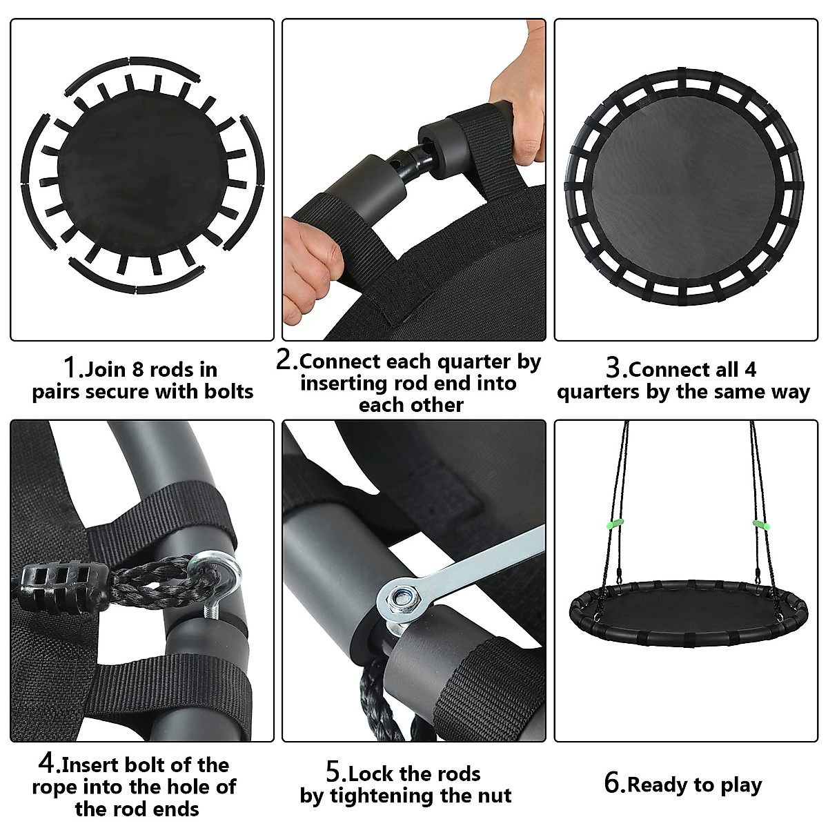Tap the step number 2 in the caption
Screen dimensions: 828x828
coord(285,359)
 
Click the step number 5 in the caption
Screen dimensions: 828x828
coord(334,772)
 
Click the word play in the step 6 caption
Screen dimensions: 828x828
coord(738,785)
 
